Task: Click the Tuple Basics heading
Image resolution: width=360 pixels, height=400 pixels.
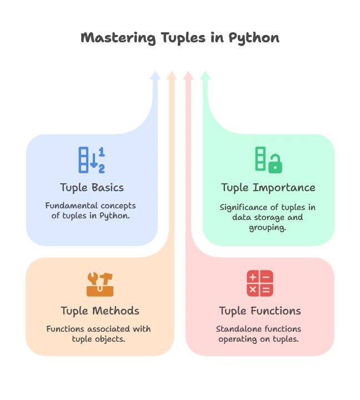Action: tap(92, 187)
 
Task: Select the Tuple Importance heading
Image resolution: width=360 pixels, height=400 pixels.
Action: tap(268, 187)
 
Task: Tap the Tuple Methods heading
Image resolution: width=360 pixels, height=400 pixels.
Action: tap(100, 311)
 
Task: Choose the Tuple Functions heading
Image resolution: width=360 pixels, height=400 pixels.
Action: tap(260, 311)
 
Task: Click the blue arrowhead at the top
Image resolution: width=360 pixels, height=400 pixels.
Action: tap(155, 75)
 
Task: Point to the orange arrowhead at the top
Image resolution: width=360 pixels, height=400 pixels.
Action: tap(172, 75)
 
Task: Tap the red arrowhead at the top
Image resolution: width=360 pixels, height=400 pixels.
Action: tap(188, 75)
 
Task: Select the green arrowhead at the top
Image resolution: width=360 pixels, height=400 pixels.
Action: tap(205, 75)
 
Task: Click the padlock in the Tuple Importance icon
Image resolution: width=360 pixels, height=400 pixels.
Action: tap(274, 164)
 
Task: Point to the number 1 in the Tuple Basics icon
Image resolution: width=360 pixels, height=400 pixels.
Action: tap(102, 151)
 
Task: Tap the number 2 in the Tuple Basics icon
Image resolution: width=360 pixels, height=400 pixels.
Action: tap(102, 168)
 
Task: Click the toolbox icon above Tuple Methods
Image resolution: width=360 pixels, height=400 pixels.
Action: tap(100, 284)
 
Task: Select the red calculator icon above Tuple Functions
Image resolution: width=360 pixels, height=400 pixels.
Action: tap(260, 283)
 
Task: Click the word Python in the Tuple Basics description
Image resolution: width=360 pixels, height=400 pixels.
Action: tap(116, 216)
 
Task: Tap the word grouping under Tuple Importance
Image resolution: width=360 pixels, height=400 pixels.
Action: tap(268, 227)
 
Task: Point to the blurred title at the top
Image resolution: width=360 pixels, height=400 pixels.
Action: tap(180, 38)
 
